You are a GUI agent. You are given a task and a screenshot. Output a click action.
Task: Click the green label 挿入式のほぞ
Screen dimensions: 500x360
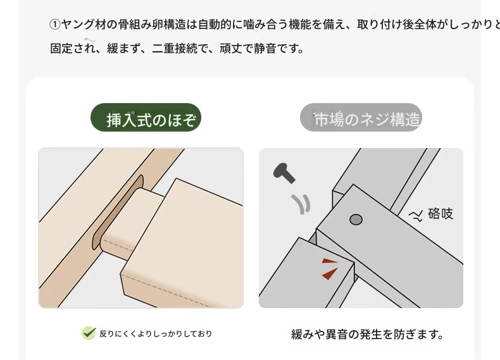pyautogui.click(x=146, y=117)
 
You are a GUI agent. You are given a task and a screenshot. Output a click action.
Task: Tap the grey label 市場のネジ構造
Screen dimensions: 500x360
pyautogui.click(x=361, y=117)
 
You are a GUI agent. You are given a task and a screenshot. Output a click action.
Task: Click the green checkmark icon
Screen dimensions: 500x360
pyautogui.click(x=89, y=333)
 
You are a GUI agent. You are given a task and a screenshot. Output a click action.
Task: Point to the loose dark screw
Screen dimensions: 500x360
pyautogui.click(x=284, y=173)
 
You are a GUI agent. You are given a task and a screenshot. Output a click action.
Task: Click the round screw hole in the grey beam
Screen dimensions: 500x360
pyautogui.click(x=356, y=220)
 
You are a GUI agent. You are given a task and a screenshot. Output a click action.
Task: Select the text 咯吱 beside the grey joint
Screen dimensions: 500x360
pyautogui.click(x=441, y=214)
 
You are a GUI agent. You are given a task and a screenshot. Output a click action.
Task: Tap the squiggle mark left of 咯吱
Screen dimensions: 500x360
pyautogui.click(x=416, y=216)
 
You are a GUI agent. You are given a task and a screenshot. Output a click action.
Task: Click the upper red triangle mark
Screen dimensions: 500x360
pyautogui.click(x=329, y=261)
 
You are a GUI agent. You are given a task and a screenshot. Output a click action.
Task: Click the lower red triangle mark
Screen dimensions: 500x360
pyautogui.click(x=330, y=273)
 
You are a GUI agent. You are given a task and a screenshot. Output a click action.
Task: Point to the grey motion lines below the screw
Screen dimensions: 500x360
pyautogui.click(x=301, y=204)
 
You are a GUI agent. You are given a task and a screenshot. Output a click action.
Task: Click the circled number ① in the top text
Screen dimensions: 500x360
pyautogui.click(x=55, y=25)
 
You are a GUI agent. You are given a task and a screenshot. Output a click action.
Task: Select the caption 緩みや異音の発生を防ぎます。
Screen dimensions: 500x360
pyautogui.click(x=367, y=335)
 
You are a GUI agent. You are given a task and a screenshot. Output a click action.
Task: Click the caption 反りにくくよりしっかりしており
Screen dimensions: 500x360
pyautogui.click(x=156, y=334)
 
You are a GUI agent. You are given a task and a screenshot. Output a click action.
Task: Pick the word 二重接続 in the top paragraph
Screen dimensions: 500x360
pyautogui.click(x=175, y=49)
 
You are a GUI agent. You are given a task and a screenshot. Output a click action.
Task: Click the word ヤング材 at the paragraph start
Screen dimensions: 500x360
pyautogui.click(x=83, y=25)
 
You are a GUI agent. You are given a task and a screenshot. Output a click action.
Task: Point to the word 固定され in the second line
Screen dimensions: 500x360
pyautogui.click(x=73, y=49)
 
